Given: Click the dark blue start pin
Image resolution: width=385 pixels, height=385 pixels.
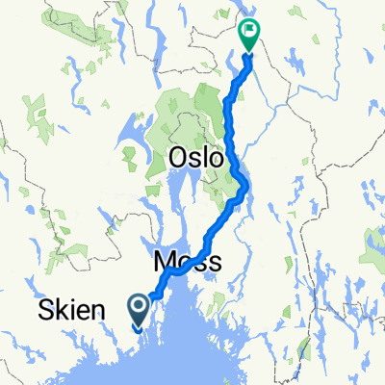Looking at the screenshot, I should click(139, 310).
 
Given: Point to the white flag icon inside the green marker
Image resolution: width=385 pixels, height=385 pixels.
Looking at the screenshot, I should click(249, 30).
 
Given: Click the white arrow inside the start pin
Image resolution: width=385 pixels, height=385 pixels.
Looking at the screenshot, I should click(139, 307).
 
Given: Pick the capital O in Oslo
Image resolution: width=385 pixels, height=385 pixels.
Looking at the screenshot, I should click(178, 157).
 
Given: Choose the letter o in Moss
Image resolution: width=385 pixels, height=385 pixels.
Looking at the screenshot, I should click(183, 263).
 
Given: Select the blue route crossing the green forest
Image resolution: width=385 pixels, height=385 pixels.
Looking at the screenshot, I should click(230, 115).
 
